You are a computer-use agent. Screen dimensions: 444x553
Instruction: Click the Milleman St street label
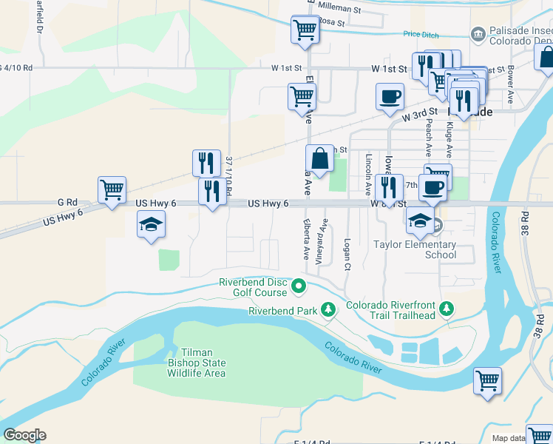[x=336, y=10]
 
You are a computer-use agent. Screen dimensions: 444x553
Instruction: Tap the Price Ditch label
[x=421, y=34]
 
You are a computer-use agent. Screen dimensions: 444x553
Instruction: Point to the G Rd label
[x=67, y=202]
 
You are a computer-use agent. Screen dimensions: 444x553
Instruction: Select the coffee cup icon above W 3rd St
[x=390, y=95]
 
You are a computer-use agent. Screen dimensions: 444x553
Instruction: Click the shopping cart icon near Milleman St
[x=305, y=29]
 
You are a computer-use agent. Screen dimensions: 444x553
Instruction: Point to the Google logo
[x=24, y=435]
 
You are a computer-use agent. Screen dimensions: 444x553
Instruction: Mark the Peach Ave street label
[x=427, y=139]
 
